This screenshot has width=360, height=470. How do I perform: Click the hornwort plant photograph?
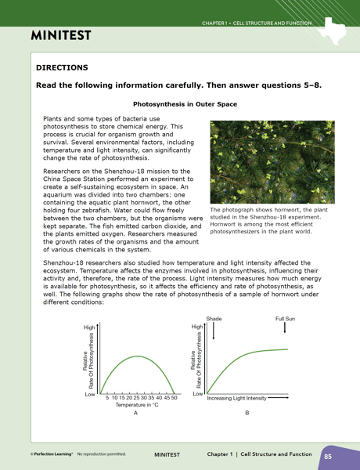click(272, 162)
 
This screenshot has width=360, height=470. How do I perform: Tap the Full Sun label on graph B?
click(285, 319)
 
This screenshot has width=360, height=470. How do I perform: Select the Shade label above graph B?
click(214, 319)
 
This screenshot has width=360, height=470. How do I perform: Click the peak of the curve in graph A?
click(137, 356)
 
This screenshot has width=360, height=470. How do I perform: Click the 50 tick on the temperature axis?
click(174, 398)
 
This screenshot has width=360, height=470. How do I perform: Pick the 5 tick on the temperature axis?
click(107, 398)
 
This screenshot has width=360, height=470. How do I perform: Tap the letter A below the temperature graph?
click(135, 413)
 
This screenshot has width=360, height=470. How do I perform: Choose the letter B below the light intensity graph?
click(247, 413)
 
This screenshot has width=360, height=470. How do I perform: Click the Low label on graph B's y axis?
click(198, 393)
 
